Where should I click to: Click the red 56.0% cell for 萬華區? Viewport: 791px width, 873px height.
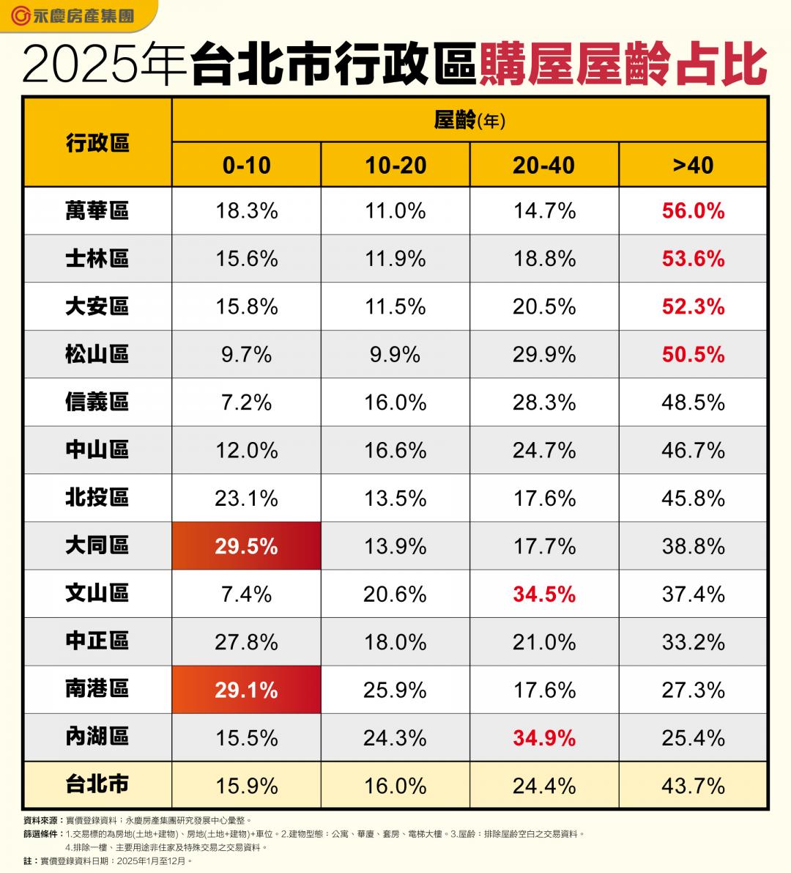(x=693, y=211)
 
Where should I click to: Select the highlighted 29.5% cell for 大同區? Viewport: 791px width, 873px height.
(x=246, y=546)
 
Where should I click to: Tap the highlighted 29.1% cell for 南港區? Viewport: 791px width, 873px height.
(x=246, y=690)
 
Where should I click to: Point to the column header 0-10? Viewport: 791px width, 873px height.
(x=246, y=165)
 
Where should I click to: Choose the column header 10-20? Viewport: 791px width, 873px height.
(x=395, y=165)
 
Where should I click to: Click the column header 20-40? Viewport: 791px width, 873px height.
(x=544, y=165)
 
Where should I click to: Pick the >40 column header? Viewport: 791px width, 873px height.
(x=693, y=165)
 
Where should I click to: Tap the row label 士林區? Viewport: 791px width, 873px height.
(x=97, y=259)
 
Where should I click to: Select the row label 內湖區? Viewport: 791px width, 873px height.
(x=97, y=737)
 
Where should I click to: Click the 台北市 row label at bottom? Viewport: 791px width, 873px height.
(x=97, y=785)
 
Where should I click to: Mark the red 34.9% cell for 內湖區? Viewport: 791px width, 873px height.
(x=544, y=737)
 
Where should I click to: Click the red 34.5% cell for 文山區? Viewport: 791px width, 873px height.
(x=544, y=594)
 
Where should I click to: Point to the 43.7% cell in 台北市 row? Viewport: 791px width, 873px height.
(x=693, y=786)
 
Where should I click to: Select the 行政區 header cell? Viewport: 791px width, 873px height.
(x=97, y=142)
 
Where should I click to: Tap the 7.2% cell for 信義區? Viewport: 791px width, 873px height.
(x=246, y=402)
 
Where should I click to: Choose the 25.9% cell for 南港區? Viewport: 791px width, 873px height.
(x=395, y=690)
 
